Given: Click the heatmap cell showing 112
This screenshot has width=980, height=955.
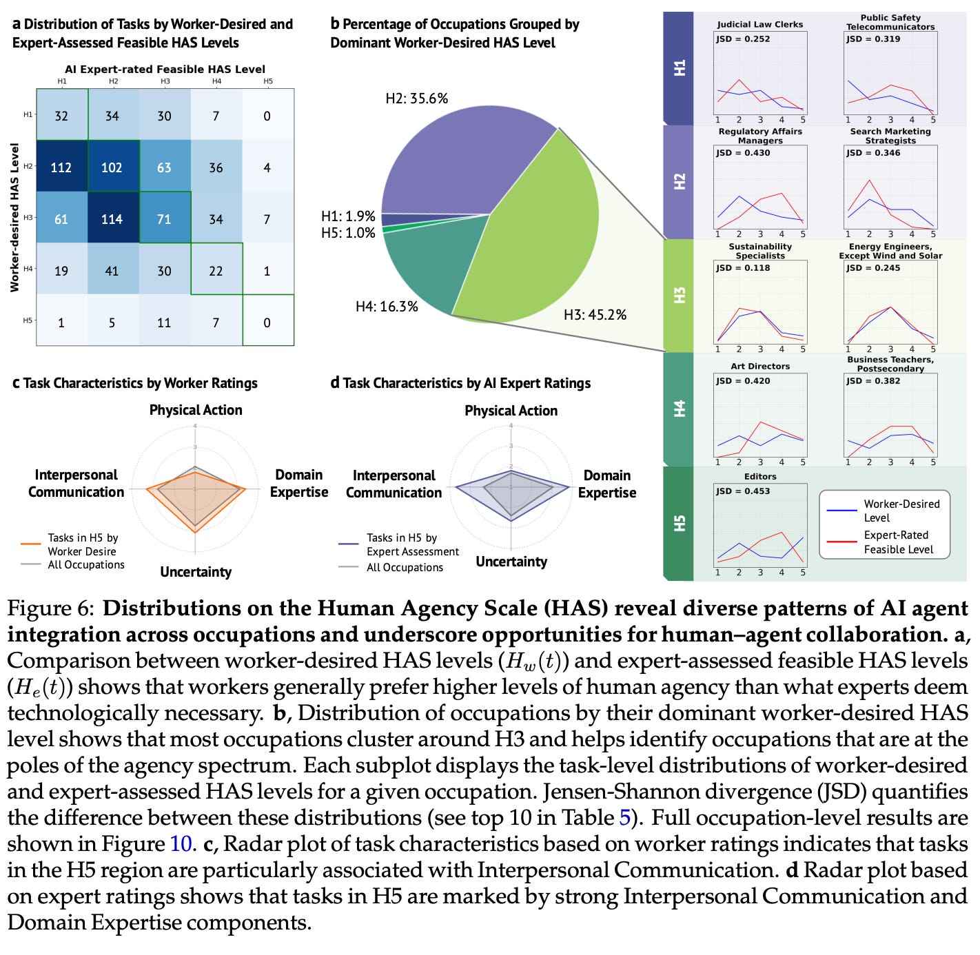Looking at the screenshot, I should pos(61,167).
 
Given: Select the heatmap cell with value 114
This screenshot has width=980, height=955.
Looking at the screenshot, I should pos(112,219).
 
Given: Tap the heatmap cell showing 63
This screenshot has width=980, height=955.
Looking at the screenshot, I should pos(164,167).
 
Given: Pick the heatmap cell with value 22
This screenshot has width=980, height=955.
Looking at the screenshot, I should pos(216,271).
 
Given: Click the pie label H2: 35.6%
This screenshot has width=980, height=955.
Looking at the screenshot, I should pos(416,99).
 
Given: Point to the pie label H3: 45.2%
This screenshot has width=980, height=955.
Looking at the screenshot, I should pos(595,315).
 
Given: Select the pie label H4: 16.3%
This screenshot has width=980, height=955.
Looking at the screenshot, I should pos(387,307).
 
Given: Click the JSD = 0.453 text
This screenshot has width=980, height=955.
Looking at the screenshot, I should pos(742,491).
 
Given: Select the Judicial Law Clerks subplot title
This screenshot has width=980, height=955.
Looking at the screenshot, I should pos(759,24).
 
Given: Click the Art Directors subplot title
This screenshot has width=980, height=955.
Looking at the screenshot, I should pos(760,366).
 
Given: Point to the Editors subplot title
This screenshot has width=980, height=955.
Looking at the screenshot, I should pos(760,476).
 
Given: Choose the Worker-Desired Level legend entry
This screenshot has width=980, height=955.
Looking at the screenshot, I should pos(901,511).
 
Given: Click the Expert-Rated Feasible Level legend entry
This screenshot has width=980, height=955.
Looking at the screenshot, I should pos(898,542).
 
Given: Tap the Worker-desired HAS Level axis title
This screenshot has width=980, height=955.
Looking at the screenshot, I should pos(14,217).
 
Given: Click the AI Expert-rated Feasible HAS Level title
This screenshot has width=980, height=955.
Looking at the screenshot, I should pos(165,70).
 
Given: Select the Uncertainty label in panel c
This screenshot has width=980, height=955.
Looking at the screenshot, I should pos(196,572).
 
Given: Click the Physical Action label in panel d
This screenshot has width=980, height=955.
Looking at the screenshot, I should pos(511,411).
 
